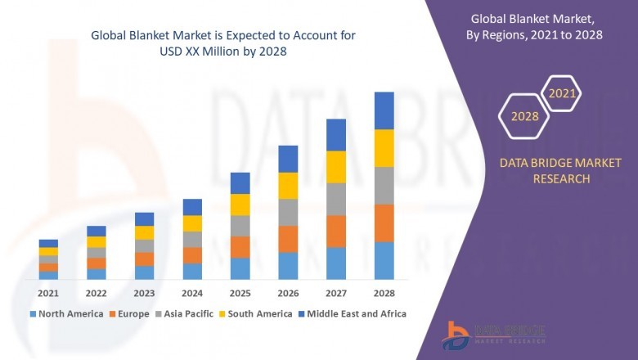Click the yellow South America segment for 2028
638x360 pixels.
pos(384,148)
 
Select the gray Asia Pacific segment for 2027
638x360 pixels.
pos(336,199)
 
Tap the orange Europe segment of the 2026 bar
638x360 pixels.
pos(288,239)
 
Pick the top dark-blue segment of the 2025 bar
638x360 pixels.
pos(240,182)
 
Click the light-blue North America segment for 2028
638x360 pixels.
pos(384,260)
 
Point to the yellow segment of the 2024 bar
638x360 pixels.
pos(192,223)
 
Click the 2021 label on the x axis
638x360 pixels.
pos(48,292)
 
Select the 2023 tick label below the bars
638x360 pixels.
pos(144,292)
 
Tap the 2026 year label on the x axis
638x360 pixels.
pos(288,292)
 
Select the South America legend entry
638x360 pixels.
pos(256,313)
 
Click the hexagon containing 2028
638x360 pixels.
pos(524,116)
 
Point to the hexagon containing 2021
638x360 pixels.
pos(562,93)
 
